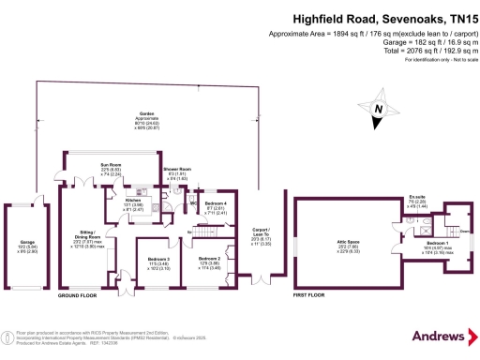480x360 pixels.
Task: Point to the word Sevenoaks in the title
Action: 385,15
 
